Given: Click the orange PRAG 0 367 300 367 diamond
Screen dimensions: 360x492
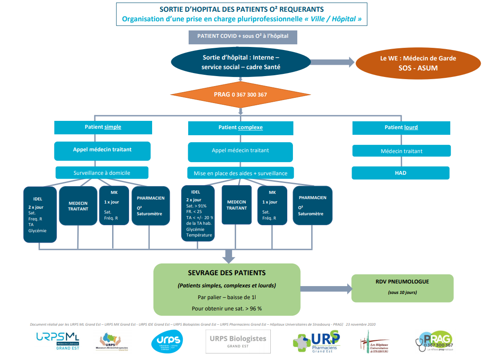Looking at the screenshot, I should click(240, 94).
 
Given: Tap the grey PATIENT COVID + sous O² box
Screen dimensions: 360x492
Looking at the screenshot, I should click(243, 37).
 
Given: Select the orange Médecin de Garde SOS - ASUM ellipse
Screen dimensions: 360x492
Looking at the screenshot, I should click(418, 63).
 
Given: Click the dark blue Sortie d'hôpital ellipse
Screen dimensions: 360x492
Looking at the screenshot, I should click(241, 63).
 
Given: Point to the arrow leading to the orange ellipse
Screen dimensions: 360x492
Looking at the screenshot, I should click(333, 62).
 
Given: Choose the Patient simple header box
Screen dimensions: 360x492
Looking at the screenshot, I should click(103, 127).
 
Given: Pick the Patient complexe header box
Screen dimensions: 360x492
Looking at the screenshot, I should click(240, 128).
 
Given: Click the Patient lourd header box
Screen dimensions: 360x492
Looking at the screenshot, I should click(401, 128).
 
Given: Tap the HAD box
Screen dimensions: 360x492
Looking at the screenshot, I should click(400, 173).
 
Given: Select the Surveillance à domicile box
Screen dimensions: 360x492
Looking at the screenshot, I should click(102, 173).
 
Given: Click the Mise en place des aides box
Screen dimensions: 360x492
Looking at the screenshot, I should click(240, 173).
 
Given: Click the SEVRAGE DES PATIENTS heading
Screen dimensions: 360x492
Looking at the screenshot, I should click(227, 273).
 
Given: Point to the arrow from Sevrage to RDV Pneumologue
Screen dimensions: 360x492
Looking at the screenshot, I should click(326, 289).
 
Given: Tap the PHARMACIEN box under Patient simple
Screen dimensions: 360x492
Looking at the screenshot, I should click(150, 206).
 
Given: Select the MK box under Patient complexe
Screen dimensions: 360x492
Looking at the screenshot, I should click(272, 205).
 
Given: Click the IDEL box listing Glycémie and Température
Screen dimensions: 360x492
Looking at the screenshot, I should click(198, 213).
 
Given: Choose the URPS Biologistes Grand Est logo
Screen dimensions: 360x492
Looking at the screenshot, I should click(238, 341).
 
